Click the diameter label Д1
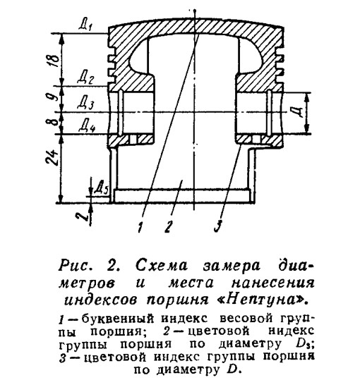point(85,25)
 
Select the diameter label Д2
point(85,78)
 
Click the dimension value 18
point(54,60)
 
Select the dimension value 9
point(55,97)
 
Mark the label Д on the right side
point(299,112)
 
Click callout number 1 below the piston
point(140,227)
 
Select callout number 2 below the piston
point(168,227)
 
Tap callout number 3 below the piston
point(217,227)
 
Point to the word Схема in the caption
point(162,265)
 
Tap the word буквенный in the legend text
point(118,319)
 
